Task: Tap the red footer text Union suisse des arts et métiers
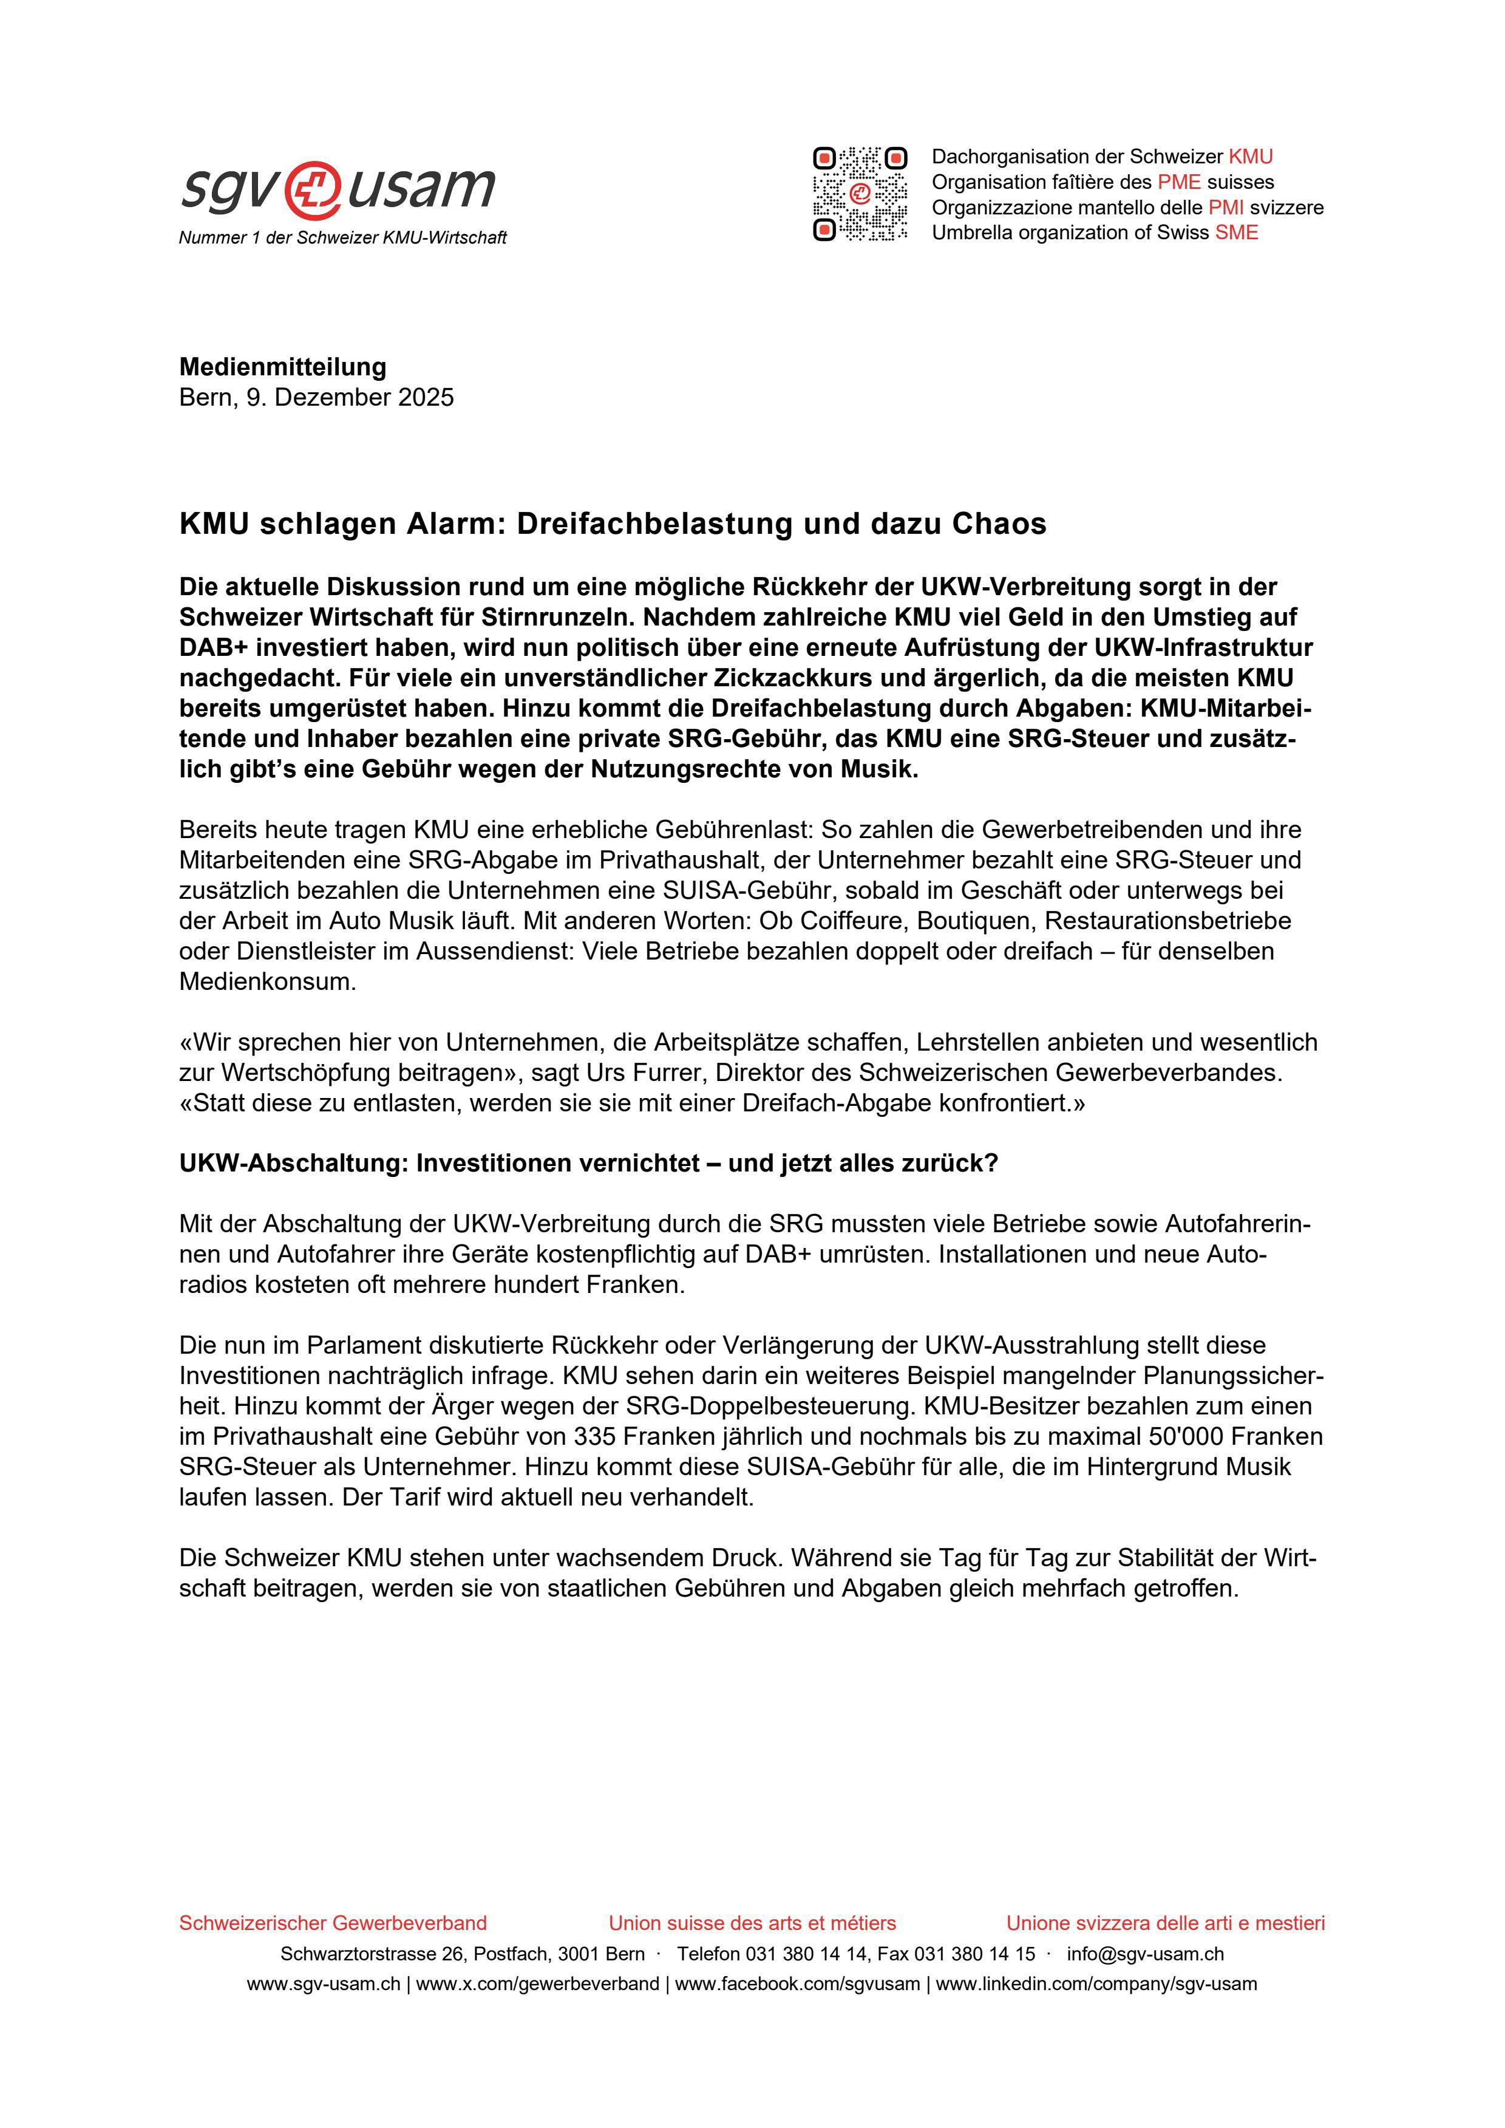click(752, 1923)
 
